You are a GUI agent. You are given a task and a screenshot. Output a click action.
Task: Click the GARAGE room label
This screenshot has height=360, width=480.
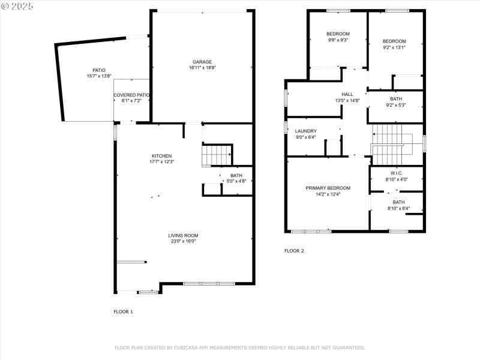click(x=202, y=62)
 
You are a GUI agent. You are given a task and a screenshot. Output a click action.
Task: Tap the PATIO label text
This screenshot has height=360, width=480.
click(x=99, y=70)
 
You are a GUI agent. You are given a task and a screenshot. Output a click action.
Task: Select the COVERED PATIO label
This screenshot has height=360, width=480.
click(x=131, y=95)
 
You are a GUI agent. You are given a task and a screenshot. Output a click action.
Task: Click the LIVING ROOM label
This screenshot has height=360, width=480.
click(x=183, y=235)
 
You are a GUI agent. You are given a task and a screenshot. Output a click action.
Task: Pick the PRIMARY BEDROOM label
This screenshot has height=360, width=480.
click(x=328, y=188)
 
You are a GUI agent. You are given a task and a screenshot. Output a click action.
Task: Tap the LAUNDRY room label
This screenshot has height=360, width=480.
click(x=306, y=131)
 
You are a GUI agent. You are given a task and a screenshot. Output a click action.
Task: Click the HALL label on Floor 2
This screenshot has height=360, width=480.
click(x=347, y=94)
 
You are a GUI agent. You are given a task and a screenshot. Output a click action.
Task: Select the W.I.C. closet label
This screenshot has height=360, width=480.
click(x=396, y=173)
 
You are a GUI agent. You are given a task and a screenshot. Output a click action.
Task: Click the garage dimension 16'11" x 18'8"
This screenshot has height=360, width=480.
click(x=202, y=68)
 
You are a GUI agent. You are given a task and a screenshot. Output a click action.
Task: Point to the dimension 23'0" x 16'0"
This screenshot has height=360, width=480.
click(x=183, y=241)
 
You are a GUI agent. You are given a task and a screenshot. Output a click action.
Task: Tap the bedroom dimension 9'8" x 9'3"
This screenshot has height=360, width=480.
click(x=338, y=40)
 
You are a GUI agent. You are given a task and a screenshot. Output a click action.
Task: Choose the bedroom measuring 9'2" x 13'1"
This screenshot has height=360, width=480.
click(x=394, y=44)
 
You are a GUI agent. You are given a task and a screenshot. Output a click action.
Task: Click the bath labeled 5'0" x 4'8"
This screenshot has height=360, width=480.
click(x=236, y=178)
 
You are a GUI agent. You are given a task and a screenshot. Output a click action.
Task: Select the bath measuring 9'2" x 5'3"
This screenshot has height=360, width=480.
click(x=396, y=102)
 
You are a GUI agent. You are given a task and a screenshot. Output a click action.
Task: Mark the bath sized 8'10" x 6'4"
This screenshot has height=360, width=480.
click(x=398, y=205)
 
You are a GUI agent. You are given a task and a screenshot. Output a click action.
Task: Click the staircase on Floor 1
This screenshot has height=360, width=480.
click(x=217, y=155)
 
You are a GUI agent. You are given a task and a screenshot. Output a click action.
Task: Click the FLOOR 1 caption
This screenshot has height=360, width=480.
click(x=123, y=311)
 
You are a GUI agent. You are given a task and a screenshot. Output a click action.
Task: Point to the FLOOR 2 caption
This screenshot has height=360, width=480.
click(x=294, y=251)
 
